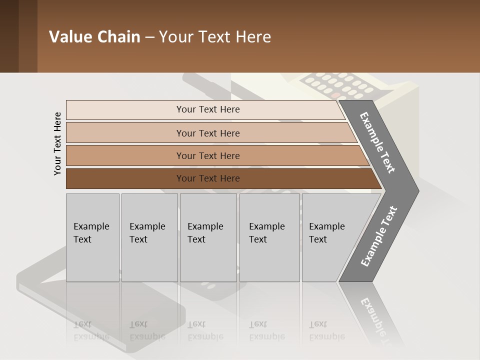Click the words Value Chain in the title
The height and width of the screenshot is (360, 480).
point(94,37)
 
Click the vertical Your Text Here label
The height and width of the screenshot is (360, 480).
point(57,143)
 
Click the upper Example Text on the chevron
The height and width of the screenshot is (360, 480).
point(377,142)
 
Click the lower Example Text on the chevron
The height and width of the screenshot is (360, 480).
point(379,236)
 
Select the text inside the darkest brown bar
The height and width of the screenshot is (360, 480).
point(208,178)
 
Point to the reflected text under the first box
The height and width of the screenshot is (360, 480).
point(91,330)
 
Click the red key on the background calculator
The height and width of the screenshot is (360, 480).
point(336,94)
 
